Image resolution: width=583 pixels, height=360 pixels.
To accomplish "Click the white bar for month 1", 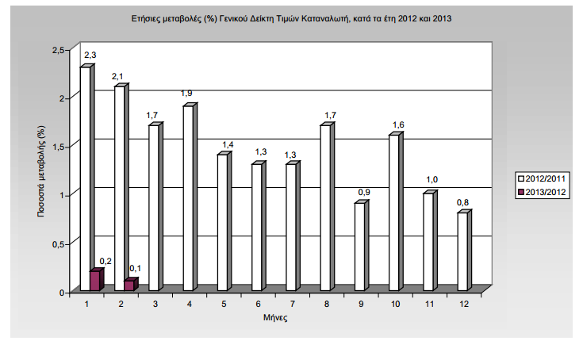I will point(86,179).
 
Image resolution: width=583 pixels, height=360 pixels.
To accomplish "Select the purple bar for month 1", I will point(96,281).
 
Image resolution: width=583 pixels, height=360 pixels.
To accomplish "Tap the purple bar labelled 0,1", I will point(130,285).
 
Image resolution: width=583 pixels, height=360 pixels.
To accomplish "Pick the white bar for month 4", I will point(188,198).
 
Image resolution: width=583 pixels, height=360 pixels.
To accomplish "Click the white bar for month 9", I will point(359,247).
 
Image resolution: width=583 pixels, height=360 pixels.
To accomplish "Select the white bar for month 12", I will point(462,251).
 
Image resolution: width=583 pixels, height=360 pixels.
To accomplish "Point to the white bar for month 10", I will point(394,213).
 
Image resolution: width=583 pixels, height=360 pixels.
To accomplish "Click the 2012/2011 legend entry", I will point(541,178).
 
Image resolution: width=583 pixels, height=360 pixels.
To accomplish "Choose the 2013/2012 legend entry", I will point(541,191).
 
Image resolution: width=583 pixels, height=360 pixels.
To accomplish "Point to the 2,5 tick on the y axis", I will point(56,50).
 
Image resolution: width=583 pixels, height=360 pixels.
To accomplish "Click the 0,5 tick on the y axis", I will point(56,243).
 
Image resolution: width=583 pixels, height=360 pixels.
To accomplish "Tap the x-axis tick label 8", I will point(325,304).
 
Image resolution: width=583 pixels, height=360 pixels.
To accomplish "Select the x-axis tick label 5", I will point(222,304).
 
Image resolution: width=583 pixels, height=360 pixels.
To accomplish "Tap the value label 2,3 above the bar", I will point(90,54).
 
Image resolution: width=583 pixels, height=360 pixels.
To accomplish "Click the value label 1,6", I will point(399,124).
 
